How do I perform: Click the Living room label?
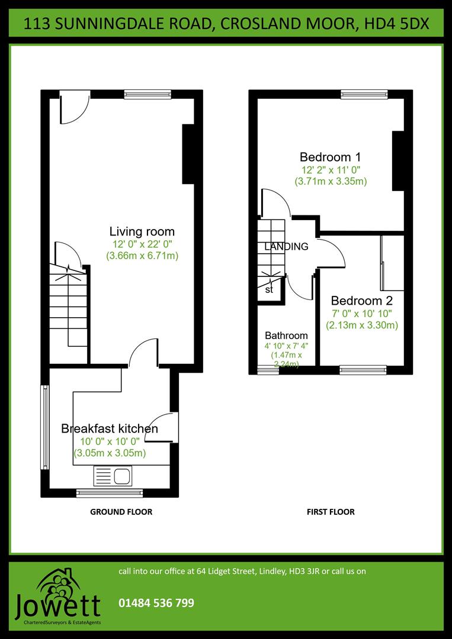[x=142, y=231]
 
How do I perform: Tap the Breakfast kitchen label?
[x=110, y=428]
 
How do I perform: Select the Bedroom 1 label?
[x=330, y=157]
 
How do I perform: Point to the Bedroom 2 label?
[x=361, y=300]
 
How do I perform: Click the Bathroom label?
[x=286, y=335]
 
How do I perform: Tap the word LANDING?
[x=286, y=247]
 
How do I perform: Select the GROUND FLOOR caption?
[x=121, y=512]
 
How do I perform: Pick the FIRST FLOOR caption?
[x=331, y=512]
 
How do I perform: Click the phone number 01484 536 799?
[x=156, y=603]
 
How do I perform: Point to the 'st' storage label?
[x=269, y=290]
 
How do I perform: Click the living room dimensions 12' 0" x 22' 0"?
[x=142, y=244]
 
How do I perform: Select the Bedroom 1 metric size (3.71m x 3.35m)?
[x=331, y=182]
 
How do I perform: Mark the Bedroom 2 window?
[x=364, y=370]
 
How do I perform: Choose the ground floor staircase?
[x=68, y=308]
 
